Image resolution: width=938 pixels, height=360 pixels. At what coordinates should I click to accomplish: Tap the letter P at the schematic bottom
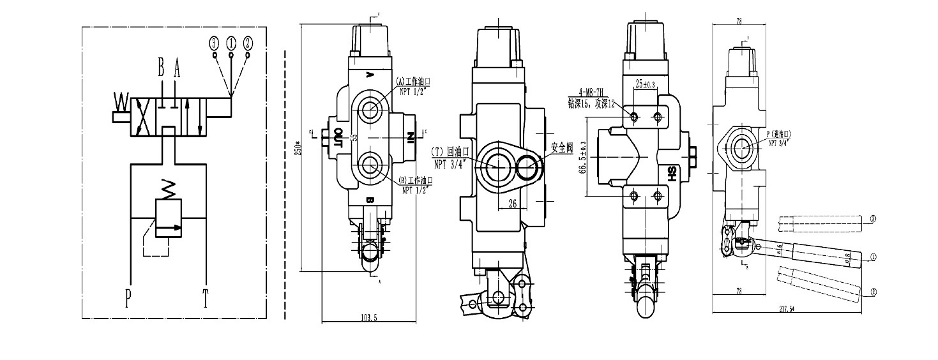130,298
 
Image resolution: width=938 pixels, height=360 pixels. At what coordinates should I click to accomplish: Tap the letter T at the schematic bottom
206,298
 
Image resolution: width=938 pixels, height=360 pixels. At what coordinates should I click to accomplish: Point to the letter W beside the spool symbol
120,101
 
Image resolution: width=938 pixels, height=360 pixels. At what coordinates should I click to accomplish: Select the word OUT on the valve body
339,137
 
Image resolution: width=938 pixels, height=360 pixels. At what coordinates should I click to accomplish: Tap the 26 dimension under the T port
512,205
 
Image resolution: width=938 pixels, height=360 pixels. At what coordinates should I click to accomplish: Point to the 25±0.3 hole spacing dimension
646,84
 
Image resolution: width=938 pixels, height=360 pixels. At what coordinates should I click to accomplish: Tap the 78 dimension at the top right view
739,21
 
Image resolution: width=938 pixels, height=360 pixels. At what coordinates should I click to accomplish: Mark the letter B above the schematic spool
162,66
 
